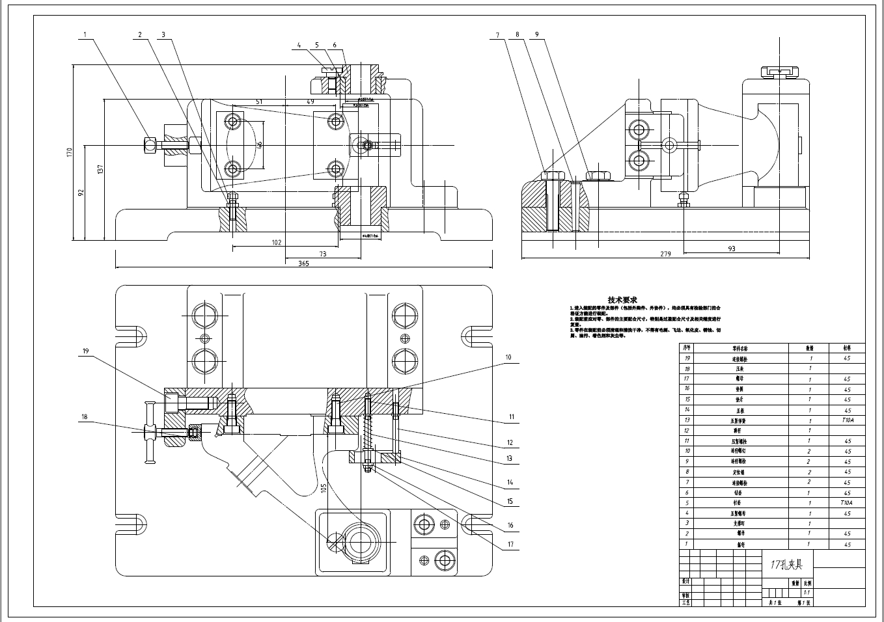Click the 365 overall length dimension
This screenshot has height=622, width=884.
point(303,264)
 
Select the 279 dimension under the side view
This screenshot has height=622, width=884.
point(665,254)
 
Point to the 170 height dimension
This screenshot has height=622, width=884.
point(69,152)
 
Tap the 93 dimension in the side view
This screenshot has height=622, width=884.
point(731,249)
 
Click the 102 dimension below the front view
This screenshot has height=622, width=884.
point(277,243)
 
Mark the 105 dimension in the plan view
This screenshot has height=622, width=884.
point(324,488)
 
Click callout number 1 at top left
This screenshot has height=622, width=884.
point(84,34)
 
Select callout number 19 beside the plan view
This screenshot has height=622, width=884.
point(85,351)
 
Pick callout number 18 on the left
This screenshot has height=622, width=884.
point(84,417)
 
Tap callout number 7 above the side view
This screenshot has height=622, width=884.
point(497,35)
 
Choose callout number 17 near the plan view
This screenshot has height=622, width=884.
point(510,545)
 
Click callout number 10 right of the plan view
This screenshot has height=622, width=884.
point(509,357)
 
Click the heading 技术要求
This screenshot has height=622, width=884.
point(622,300)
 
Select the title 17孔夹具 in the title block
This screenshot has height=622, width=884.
point(786,565)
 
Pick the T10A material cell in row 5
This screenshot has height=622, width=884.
point(846,503)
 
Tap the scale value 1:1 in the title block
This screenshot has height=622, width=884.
point(807,593)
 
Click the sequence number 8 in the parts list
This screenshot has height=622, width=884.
point(687,472)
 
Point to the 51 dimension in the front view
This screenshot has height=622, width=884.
point(258,101)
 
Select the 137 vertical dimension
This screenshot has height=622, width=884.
point(100,169)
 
